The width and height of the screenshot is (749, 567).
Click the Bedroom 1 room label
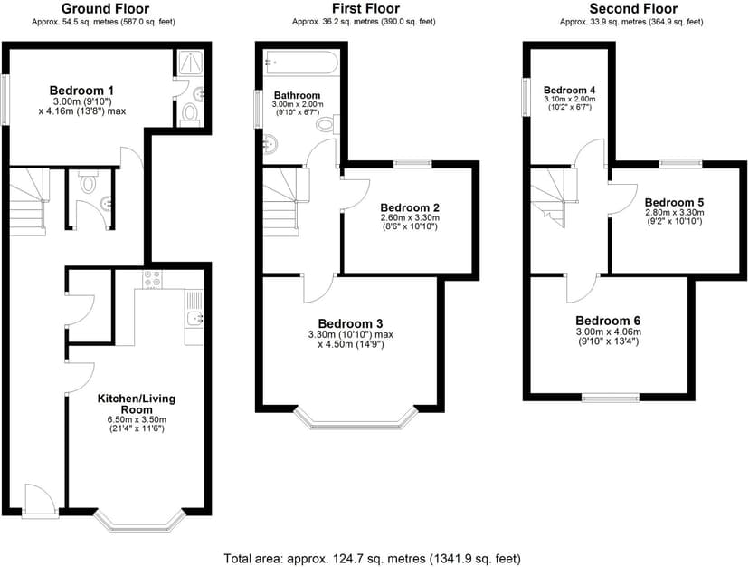(81, 90)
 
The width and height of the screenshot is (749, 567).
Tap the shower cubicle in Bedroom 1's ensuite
(190, 62)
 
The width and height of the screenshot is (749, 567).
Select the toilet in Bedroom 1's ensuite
(190, 115)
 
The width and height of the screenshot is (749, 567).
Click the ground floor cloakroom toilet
(89, 182)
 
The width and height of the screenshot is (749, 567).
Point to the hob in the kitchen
(152, 280)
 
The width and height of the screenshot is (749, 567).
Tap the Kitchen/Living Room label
(136, 404)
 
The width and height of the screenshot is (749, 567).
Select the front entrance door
(40, 500)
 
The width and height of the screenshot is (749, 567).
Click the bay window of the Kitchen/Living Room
(139, 522)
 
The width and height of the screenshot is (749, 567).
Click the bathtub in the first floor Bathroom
(302, 62)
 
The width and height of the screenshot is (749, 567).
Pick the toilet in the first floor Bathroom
(327, 124)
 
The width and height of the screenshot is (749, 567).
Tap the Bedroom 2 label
(410, 207)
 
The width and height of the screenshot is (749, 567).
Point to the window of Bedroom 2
(412, 164)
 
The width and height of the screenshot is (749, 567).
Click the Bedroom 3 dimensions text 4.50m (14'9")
(351, 344)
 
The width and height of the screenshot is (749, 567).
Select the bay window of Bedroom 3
(356, 418)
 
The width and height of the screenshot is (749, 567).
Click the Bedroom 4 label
(569, 90)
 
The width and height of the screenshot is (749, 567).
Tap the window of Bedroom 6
(611, 397)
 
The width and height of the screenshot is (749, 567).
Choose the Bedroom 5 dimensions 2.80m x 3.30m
(675, 213)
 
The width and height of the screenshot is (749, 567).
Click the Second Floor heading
(633, 9)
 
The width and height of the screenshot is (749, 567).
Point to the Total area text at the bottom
(372, 558)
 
